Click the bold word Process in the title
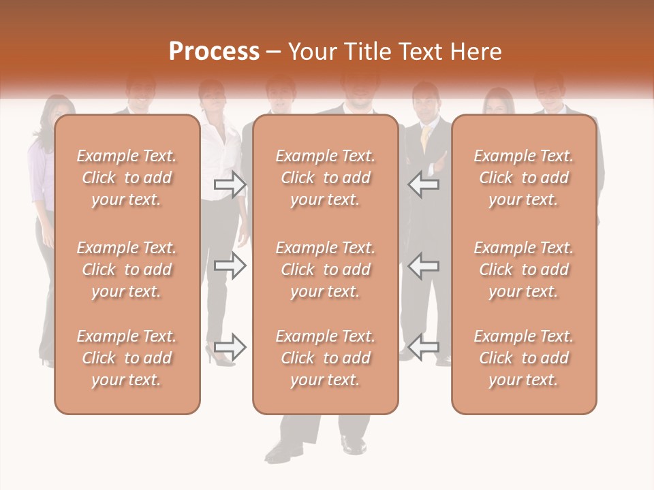(214, 52)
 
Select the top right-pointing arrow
(230, 184)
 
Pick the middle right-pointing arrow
(230, 265)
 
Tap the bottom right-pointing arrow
(230, 347)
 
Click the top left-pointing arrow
(424, 184)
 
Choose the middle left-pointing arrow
(424, 265)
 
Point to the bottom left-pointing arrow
(424, 347)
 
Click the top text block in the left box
(127, 178)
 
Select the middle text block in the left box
(127, 269)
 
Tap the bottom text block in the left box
(127, 358)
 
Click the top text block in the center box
(325, 178)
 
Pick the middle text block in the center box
(325, 269)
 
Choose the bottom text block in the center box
(325, 358)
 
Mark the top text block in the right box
(524, 178)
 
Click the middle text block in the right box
(524, 269)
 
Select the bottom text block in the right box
(524, 358)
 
